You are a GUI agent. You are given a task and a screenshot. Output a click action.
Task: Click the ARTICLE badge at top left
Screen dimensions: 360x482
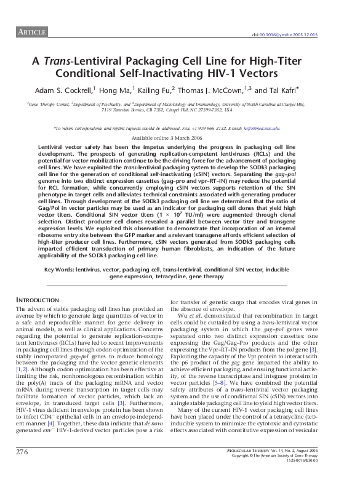(x=30, y=31)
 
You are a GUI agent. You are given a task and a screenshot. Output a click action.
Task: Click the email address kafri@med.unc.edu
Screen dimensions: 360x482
(x=266, y=128)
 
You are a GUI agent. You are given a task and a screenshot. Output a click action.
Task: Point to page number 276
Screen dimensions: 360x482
(x=23, y=469)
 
